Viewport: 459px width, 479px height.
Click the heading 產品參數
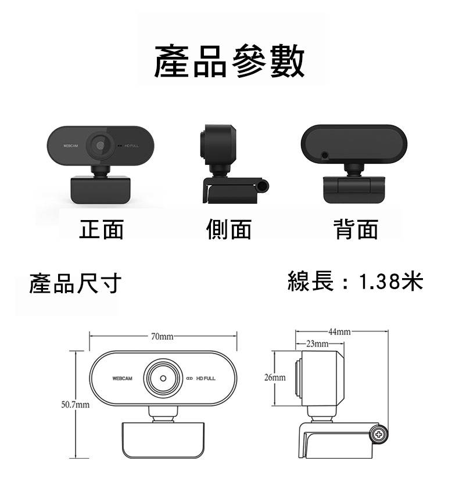229,61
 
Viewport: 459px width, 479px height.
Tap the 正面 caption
101,229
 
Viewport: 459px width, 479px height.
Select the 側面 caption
229,229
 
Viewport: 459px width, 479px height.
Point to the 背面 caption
356,229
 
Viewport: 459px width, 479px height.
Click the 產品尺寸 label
75,283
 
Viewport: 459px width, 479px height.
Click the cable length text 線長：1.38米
356,281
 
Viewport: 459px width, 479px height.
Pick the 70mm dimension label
162,336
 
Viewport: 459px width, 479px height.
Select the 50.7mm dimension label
75,405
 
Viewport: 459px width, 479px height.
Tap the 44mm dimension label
339,332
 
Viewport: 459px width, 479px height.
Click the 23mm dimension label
317,344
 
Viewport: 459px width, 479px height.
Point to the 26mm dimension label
275,377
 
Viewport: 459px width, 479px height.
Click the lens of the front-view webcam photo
100,146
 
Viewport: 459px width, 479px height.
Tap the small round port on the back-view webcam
325,156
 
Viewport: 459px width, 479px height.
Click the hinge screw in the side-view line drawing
379,434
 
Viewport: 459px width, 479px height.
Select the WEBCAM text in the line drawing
123,379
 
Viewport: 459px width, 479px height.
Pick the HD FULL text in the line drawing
206,379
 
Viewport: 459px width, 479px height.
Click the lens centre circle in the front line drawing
163,379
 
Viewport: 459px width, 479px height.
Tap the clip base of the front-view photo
101,190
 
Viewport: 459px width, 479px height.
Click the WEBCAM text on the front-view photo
70,146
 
